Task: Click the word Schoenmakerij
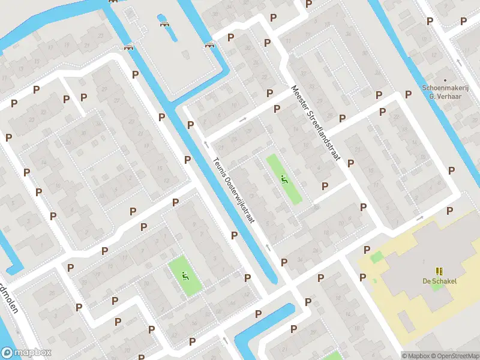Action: [445, 88]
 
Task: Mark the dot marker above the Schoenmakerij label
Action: [445, 79]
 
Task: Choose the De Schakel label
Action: [439, 281]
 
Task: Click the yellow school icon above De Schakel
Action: [439, 271]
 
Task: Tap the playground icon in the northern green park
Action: [284, 178]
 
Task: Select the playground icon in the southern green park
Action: [185, 275]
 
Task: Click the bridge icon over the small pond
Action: [164, 24]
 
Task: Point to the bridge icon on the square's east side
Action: [209, 44]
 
